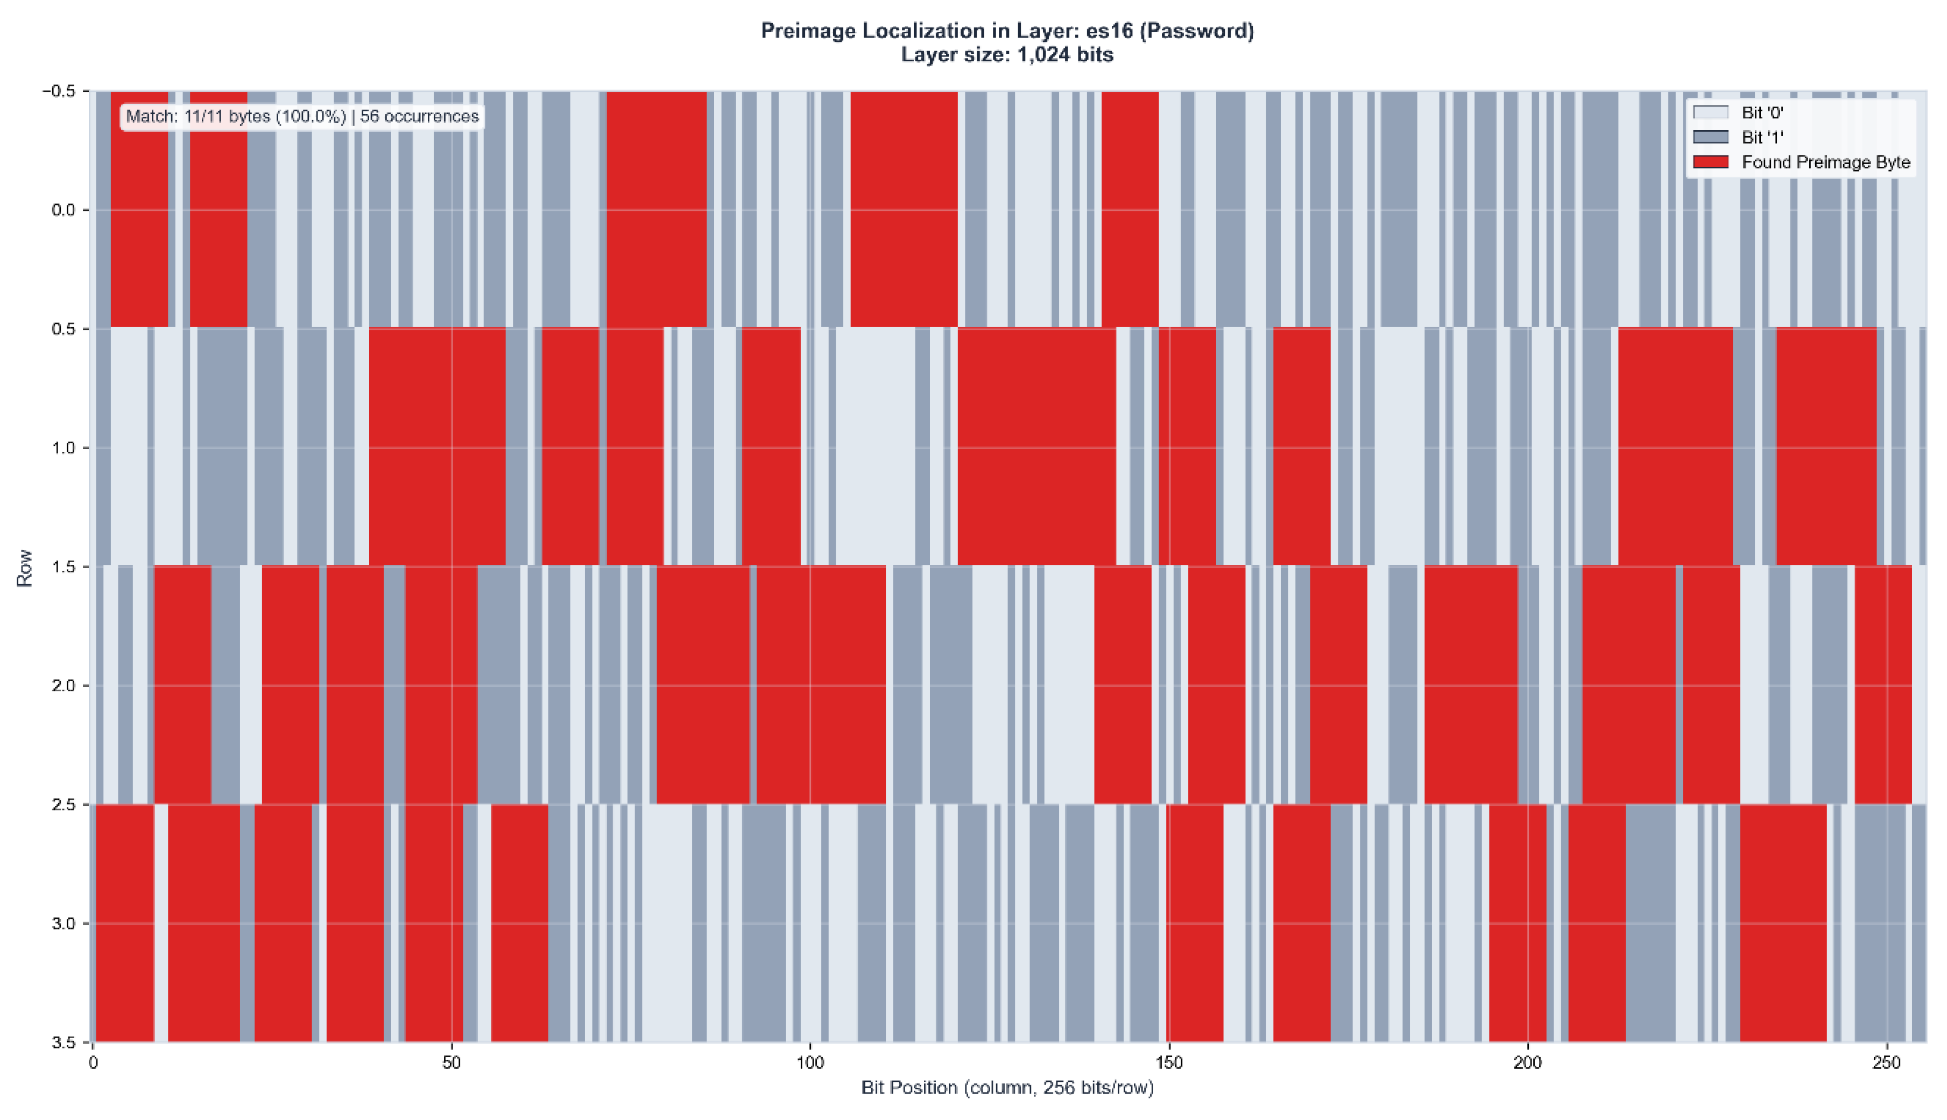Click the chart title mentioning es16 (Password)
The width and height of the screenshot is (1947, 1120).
pyautogui.click(x=1007, y=31)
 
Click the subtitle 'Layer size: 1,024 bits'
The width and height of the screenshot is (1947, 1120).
pyautogui.click(x=1007, y=55)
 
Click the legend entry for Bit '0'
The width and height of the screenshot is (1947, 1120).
pyautogui.click(x=1761, y=113)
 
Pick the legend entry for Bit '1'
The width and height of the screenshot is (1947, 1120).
pyautogui.click(x=1761, y=138)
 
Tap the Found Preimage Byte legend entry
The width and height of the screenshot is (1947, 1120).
pyautogui.click(x=1825, y=162)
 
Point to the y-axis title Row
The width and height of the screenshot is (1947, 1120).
pyautogui.click(x=25, y=568)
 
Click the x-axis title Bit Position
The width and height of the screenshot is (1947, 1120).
pyautogui.click(x=1007, y=1087)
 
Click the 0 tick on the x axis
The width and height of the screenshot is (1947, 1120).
pyautogui.click(x=93, y=1063)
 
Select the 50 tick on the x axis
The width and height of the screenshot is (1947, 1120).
pyautogui.click(x=452, y=1063)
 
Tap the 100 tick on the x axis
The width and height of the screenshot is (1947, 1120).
pyautogui.click(x=810, y=1063)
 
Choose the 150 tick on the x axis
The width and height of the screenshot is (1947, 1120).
pyautogui.click(x=1168, y=1063)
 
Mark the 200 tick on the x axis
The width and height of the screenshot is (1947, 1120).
pyautogui.click(x=1527, y=1063)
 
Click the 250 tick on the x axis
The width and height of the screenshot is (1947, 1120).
pyautogui.click(x=1886, y=1063)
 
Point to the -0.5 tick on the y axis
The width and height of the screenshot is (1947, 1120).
pyautogui.click(x=59, y=91)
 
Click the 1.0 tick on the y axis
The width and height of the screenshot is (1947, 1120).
pyautogui.click(x=64, y=448)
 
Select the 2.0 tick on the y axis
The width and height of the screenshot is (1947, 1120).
pyautogui.click(x=64, y=685)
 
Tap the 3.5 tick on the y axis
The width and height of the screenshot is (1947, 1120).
pyautogui.click(x=64, y=1043)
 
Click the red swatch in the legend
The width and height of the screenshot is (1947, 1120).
pyautogui.click(x=1710, y=162)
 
